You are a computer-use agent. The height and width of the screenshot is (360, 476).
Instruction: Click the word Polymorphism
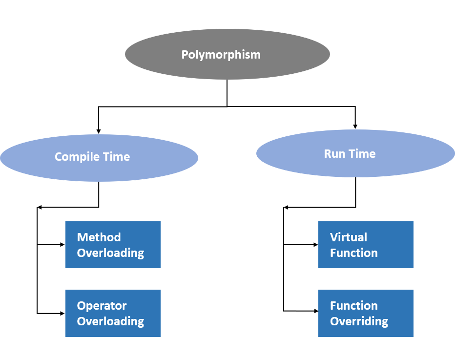point(221,55)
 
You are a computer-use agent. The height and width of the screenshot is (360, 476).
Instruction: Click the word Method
point(99,237)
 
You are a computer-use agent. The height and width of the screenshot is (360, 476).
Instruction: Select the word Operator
point(102,306)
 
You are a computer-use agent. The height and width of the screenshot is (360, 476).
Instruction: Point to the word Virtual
point(349,237)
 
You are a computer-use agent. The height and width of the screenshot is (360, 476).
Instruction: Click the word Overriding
point(359,321)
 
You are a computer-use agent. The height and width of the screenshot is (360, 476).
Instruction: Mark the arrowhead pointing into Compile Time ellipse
point(99,131)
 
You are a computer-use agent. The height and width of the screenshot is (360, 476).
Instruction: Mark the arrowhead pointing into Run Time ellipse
point(355,126)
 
